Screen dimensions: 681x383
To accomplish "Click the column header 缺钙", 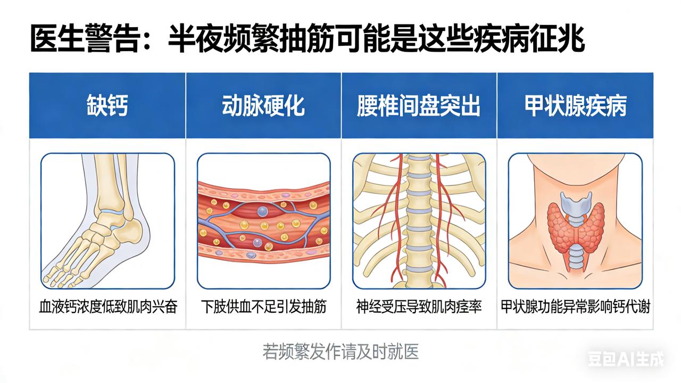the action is (107, 106).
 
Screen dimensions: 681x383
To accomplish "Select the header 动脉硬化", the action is (263, 106).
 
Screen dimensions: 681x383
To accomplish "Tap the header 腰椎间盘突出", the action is (419, 106).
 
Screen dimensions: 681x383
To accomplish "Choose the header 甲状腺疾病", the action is (575, 106).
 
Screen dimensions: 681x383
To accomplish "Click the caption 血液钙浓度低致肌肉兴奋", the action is (107, 307).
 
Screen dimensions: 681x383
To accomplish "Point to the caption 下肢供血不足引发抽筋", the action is (263, 307).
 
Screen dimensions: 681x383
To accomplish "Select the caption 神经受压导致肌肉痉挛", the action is (419, 307).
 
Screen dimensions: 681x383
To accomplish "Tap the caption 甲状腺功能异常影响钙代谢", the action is (575, 307).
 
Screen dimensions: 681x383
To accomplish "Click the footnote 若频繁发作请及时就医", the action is (340, 352).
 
